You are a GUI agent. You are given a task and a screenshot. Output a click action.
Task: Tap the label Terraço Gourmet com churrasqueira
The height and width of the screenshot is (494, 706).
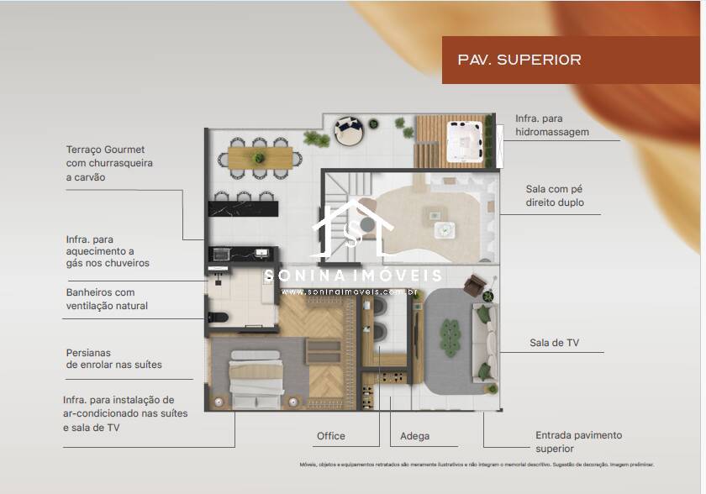pyautogui.click(x=109, y=163)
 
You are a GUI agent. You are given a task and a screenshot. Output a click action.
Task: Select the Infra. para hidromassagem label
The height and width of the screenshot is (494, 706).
pyautogui.click(x=552, y=125)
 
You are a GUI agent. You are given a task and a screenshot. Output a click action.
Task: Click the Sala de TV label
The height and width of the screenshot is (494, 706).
pyautogui.click(x=554, y=343)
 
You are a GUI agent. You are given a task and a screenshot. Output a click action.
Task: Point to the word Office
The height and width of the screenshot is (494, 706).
pyautogui.click(x=330, y=436)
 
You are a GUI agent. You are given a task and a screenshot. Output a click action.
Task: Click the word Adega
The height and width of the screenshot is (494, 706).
pyautogui.click(x=414, y=436)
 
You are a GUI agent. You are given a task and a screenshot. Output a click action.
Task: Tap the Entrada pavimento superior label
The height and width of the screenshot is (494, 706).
pyautogui.click(x=578, y=442)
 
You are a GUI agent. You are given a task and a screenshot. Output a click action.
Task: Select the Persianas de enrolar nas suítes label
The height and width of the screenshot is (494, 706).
pyautogui.click(x=113, y=359)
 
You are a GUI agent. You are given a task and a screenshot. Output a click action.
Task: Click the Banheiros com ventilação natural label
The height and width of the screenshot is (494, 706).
pyautogui.click(x=107, y=299)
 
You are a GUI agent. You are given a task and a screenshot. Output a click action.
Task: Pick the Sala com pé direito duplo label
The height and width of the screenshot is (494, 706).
pyautogui.click(x=555, y=196)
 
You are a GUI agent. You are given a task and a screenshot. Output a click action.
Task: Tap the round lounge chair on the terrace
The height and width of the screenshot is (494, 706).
pyautogui.click(x=348, y=129)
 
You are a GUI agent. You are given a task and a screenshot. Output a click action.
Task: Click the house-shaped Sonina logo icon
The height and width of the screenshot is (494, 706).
pyautogui.click(x=352, y=229)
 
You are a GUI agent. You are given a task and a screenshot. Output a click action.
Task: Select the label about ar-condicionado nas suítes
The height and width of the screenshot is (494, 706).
pyautogui.click(x=124, y=413)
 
